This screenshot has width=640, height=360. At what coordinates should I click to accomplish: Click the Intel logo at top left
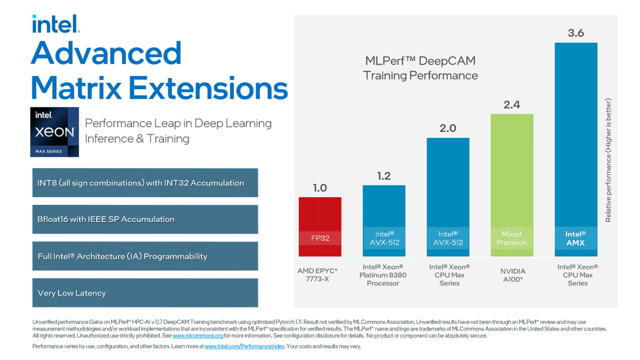tap(56, 24)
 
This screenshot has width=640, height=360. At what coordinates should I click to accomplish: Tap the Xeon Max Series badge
tap(54, 132)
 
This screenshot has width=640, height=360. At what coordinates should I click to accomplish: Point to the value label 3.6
tap(576, 33)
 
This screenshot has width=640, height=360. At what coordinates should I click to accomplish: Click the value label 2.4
tap(511, 104)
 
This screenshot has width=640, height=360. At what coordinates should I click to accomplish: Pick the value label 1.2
tap(384, 176)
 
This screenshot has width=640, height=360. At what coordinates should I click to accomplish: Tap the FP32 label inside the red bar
tap(320, 238)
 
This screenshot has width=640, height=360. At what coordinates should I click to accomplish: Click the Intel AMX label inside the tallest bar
tap(576, 238)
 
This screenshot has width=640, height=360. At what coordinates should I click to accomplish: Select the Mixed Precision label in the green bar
tap(511, 238)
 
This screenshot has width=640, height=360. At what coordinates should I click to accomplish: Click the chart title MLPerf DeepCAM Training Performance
tap(420, 68)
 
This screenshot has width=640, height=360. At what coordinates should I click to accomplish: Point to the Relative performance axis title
tap(608, 160)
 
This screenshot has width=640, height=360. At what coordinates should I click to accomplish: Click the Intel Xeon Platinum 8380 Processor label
tap(383, 275)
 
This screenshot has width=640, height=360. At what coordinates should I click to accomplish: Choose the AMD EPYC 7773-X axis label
tap(317, 275)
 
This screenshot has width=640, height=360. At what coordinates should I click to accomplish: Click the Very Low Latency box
tap(145, 293)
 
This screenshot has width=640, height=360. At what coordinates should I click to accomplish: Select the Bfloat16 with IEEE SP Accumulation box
tap(145, 219)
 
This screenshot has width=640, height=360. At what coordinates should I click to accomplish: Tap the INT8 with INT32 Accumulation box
tap(145, 183)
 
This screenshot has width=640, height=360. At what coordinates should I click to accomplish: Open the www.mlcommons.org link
tap(197, 336)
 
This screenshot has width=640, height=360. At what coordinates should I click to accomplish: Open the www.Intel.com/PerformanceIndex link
tap(244, 346)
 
